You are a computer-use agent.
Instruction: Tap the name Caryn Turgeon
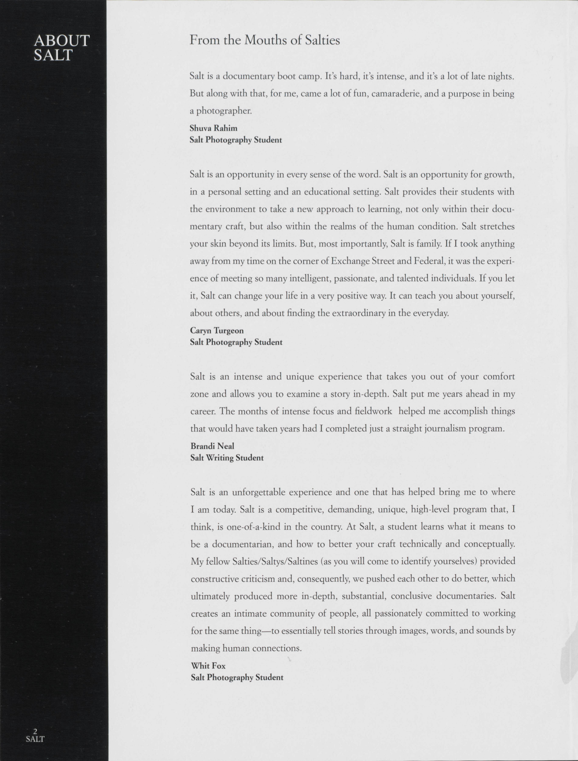click(x=217, y=331)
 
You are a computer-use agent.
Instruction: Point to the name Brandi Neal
click(x=212, y=446)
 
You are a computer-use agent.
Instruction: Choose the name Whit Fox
click(x=208, y=666)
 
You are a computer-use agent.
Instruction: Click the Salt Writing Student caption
click(x=227, y=458)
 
